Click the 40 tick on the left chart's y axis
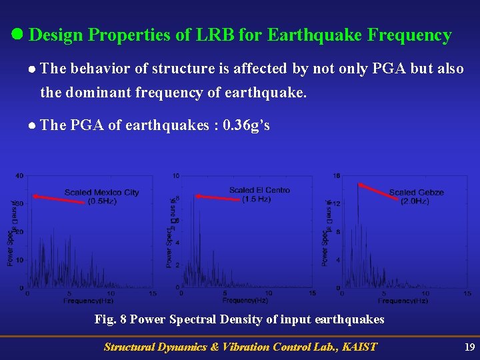19,176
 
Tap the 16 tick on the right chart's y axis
337,176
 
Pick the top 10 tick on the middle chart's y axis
176,176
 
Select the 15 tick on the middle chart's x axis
313,293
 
